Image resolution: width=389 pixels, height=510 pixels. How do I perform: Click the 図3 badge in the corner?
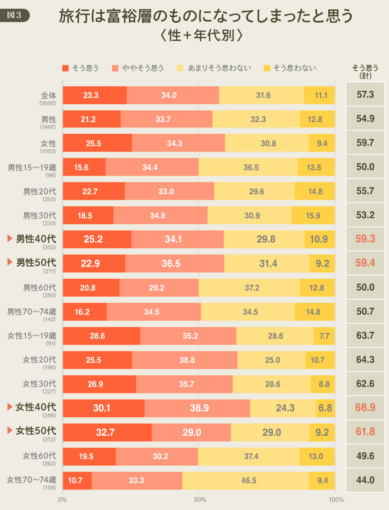click(x=14, y=15)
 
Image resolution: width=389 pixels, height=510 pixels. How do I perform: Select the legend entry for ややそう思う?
click(x=138, y=68)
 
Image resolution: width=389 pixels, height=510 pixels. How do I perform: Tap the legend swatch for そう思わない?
click(x=267, y=68)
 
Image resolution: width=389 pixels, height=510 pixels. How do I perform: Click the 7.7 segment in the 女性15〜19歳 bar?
click(x=324, y=336)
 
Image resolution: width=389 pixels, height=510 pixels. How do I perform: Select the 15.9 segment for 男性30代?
click(x=313, y=215)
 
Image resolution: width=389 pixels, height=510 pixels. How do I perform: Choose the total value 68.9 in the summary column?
click(x=365, y=407)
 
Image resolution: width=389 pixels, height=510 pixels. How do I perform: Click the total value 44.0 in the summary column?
click(x=365, y=480)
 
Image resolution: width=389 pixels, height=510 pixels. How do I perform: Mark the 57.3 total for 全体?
click(x=365, y=94)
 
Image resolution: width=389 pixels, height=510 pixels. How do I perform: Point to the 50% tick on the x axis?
click(x=200, y=500)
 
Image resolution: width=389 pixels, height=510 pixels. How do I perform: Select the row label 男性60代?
click(x=40, y=288)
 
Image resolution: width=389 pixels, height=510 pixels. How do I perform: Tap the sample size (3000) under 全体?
click(x=47, y=103)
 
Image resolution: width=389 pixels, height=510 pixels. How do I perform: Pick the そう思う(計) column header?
click(x=365, y=71)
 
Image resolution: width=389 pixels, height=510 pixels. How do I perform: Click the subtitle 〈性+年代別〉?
click(x=202, y=35)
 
